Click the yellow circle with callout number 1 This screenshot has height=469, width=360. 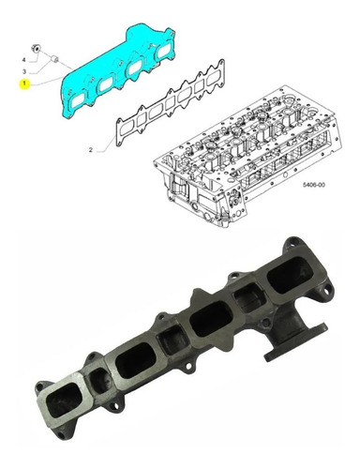coord(24,83)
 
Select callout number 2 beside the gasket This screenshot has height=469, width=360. coord(91,150)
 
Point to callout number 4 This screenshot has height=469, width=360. coord(23,60)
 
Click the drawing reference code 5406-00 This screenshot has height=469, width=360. coord(313,185)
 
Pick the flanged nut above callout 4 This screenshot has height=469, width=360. coord(37,49)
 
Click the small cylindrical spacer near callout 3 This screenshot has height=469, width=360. coord(55,58)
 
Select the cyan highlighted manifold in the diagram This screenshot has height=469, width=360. coord(118,70)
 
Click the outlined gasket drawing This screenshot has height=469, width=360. coord(171,102)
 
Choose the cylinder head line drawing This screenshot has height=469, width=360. coord(247,156)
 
